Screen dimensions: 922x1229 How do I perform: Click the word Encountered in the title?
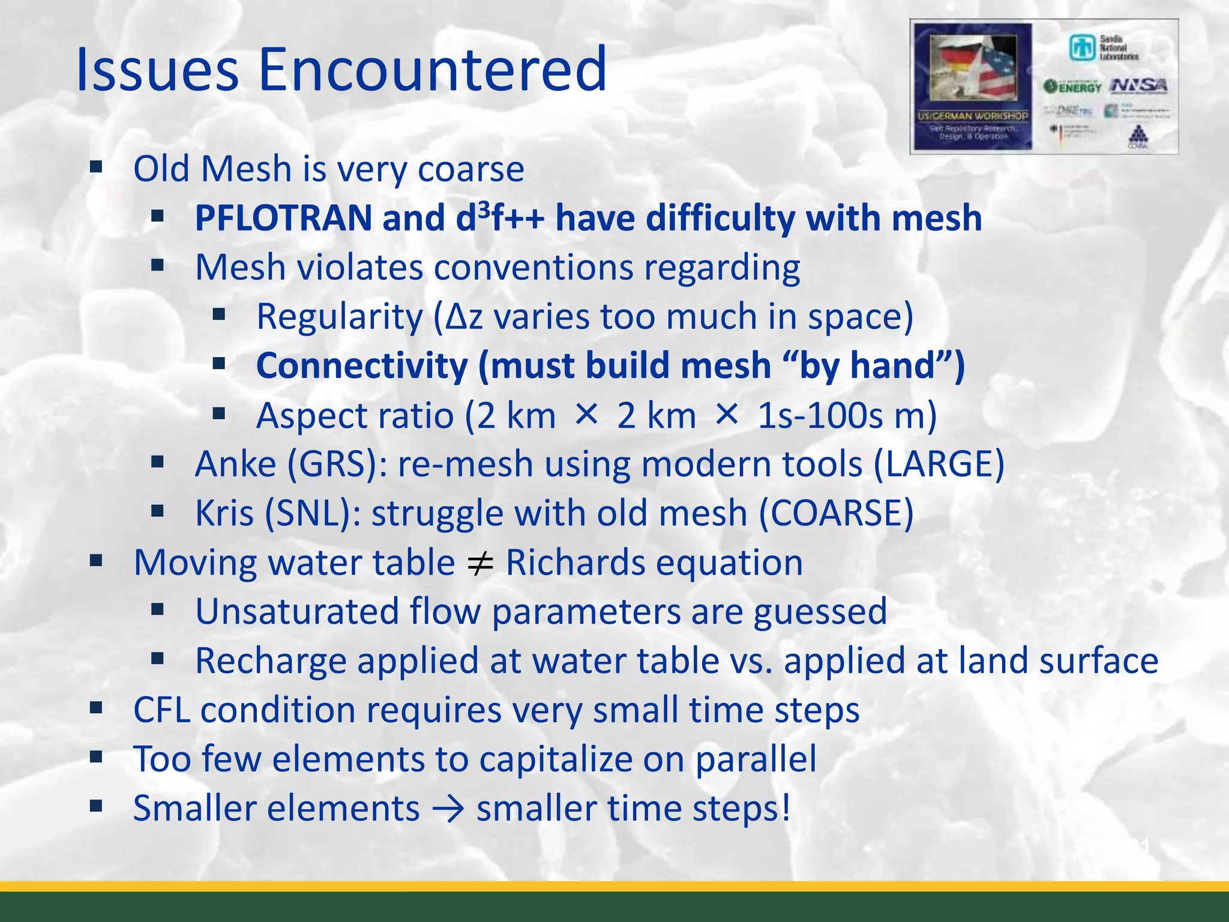click(432, 70)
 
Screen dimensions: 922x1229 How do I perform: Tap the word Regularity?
click(339, 316)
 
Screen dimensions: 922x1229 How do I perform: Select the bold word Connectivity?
click(362, 366)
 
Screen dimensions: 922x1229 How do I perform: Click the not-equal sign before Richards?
click(480, 564)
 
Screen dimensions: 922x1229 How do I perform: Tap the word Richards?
click(575, 562)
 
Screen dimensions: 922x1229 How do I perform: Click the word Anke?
click(235, 464)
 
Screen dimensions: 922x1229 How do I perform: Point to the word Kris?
click(224, 514)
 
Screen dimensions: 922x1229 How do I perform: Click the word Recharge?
click(271, 661)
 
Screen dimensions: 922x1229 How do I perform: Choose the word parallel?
click(756, 759)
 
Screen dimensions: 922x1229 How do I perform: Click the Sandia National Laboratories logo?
click(1103, 47)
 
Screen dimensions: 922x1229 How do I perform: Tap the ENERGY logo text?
click(1073, 87)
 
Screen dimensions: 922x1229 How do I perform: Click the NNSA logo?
click(1138, 86)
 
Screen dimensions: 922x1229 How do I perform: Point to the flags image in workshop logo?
click(973, 67)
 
